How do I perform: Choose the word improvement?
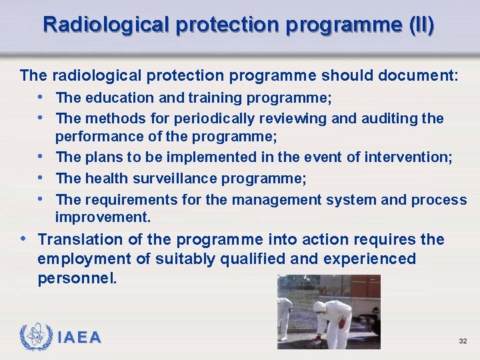coord(102,217)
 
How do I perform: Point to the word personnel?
coord(77,278)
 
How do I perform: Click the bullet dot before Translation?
coord(24,239)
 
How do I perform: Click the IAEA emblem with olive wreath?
coord(34,337)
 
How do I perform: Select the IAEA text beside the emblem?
coord(79,338)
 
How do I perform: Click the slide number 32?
coord(462,341)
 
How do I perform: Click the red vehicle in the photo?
coord(365,293)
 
